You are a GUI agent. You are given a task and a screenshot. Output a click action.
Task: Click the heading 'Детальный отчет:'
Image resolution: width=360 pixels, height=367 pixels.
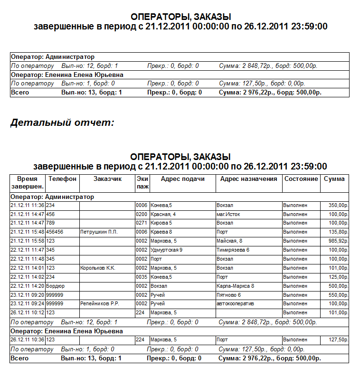pos(62,123)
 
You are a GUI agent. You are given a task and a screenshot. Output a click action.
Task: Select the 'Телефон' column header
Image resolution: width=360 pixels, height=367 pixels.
pos(62,179)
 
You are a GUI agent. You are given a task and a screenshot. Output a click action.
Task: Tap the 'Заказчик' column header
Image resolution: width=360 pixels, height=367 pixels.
pos(107,179)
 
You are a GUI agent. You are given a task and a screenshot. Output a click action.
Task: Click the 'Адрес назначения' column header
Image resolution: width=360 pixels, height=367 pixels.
pos(248,179)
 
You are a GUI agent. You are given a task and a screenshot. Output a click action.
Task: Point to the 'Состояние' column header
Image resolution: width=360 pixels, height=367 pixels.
pos(301,179)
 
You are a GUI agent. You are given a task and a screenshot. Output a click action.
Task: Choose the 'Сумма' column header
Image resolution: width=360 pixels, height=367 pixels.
pos(334,179)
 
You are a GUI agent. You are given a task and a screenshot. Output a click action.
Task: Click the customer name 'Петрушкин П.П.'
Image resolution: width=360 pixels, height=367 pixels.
pos(99,232)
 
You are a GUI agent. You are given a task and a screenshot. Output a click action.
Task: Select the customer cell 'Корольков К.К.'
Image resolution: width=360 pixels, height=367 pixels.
pos(98,268)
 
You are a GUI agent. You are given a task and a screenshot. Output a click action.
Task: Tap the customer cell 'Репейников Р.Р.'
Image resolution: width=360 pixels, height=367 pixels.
pos(100,303)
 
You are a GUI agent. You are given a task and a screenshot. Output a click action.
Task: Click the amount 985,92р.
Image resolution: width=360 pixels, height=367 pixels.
pos(338,241)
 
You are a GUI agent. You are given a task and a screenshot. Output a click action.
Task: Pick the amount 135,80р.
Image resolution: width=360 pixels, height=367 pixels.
pos(338,232)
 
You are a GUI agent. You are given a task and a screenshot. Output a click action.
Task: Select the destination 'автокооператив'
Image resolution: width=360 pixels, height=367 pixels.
pos(236,303)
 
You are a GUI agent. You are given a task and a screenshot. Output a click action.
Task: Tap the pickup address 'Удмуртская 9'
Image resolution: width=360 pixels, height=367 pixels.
pos(166,250)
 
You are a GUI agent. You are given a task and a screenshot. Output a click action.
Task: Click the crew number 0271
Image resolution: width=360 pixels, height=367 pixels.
pos(142,223)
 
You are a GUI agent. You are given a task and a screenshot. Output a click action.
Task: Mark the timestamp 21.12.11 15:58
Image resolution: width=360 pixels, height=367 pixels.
pos(28,241)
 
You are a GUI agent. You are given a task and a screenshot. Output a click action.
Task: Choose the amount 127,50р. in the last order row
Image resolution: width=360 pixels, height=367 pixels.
pos(338,340)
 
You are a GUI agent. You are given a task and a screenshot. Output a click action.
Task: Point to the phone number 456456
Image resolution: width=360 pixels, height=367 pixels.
pos(55,232)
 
